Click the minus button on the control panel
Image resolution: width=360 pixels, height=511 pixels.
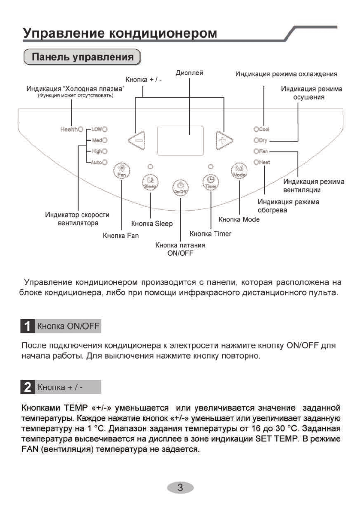(x=137, y=139)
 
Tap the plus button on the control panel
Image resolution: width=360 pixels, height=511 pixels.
(x=224, y=139)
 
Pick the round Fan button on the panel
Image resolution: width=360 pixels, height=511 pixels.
(x=121, y=171)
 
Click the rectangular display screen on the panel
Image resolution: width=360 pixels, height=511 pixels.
(x=180, y=140)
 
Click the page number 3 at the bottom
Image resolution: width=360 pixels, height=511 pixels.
(x=180, y=487)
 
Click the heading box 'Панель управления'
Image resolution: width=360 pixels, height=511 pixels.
(x=82, y=57)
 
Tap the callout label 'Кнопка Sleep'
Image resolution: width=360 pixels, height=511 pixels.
(x=152, y=224)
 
